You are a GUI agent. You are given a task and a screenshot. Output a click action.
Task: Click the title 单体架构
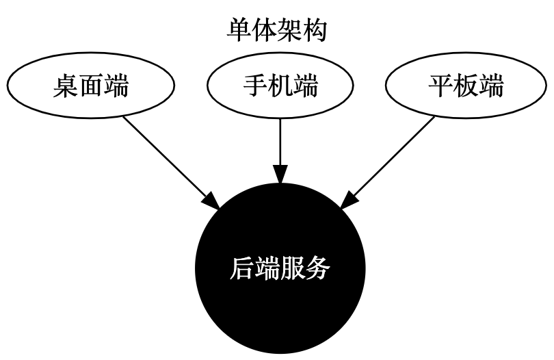point(277,31)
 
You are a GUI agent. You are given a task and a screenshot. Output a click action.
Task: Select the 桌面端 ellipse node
point(90,87)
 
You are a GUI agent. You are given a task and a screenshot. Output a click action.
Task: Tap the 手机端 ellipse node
point(280,87)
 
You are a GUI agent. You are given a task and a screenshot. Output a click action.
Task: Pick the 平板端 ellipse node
point(466,87)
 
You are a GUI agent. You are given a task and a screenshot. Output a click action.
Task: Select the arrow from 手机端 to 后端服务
point(280,147)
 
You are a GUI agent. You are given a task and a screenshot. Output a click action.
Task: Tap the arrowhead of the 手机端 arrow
point(280,175)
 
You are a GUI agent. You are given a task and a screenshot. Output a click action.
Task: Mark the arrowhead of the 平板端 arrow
point(349,201)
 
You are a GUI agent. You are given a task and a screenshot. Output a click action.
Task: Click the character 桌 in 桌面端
point(66,87)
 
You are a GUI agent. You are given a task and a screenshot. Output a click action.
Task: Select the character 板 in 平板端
point(466,87)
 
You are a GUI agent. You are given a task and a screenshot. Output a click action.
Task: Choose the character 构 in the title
point(315,31)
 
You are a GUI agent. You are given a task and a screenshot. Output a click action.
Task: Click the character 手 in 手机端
point(256,87)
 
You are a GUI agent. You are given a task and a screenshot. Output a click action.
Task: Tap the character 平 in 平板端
point(441,87)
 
